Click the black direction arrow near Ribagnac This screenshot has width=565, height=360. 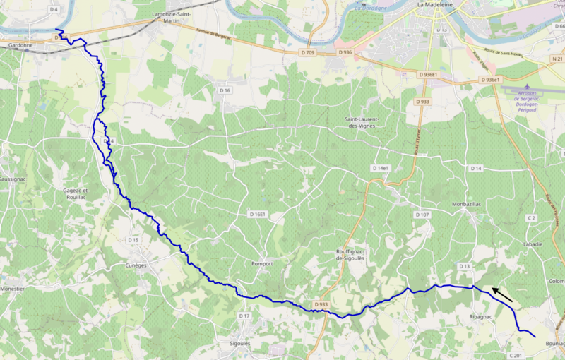(x=502, y=294)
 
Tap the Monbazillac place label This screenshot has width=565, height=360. (x=470, y=204)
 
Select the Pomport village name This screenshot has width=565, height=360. (x=262, y=263)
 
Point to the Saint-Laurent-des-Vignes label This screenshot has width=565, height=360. (x=362, y=122)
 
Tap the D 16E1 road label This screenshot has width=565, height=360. (x=258, y=214)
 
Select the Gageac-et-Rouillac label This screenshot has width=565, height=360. (x=74, y=194)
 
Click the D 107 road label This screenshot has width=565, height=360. (x=422, y=215)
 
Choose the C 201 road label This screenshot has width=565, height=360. (x=515, y=354)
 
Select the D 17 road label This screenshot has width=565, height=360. (x=244, y=316)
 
